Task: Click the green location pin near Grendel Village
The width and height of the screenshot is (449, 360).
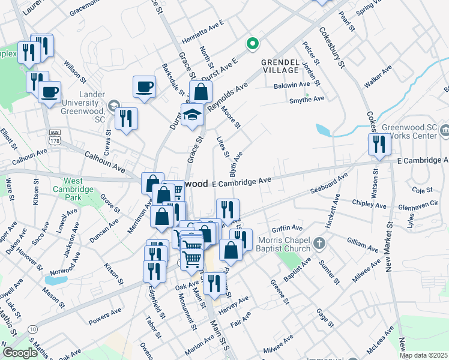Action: pyautogui.click(x=253, y=43)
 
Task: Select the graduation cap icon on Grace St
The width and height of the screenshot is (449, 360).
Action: pyautogui.click(x=193, y=115)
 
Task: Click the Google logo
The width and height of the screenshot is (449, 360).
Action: pyautogui.click(x=20, y=353)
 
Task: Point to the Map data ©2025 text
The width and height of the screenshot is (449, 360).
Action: pyautogui.click(x=424, y=355)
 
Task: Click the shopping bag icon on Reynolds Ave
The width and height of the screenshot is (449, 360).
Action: pyautogui.click(x=201, y=92)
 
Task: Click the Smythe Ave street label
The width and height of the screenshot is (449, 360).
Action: pyautogui.click(x=307, y=100)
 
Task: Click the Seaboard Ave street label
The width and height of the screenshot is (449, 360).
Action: pyautogui.click(x=330, y=184)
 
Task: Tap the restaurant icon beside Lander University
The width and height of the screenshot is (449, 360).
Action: pyautogui.click(x=126, y=118)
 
